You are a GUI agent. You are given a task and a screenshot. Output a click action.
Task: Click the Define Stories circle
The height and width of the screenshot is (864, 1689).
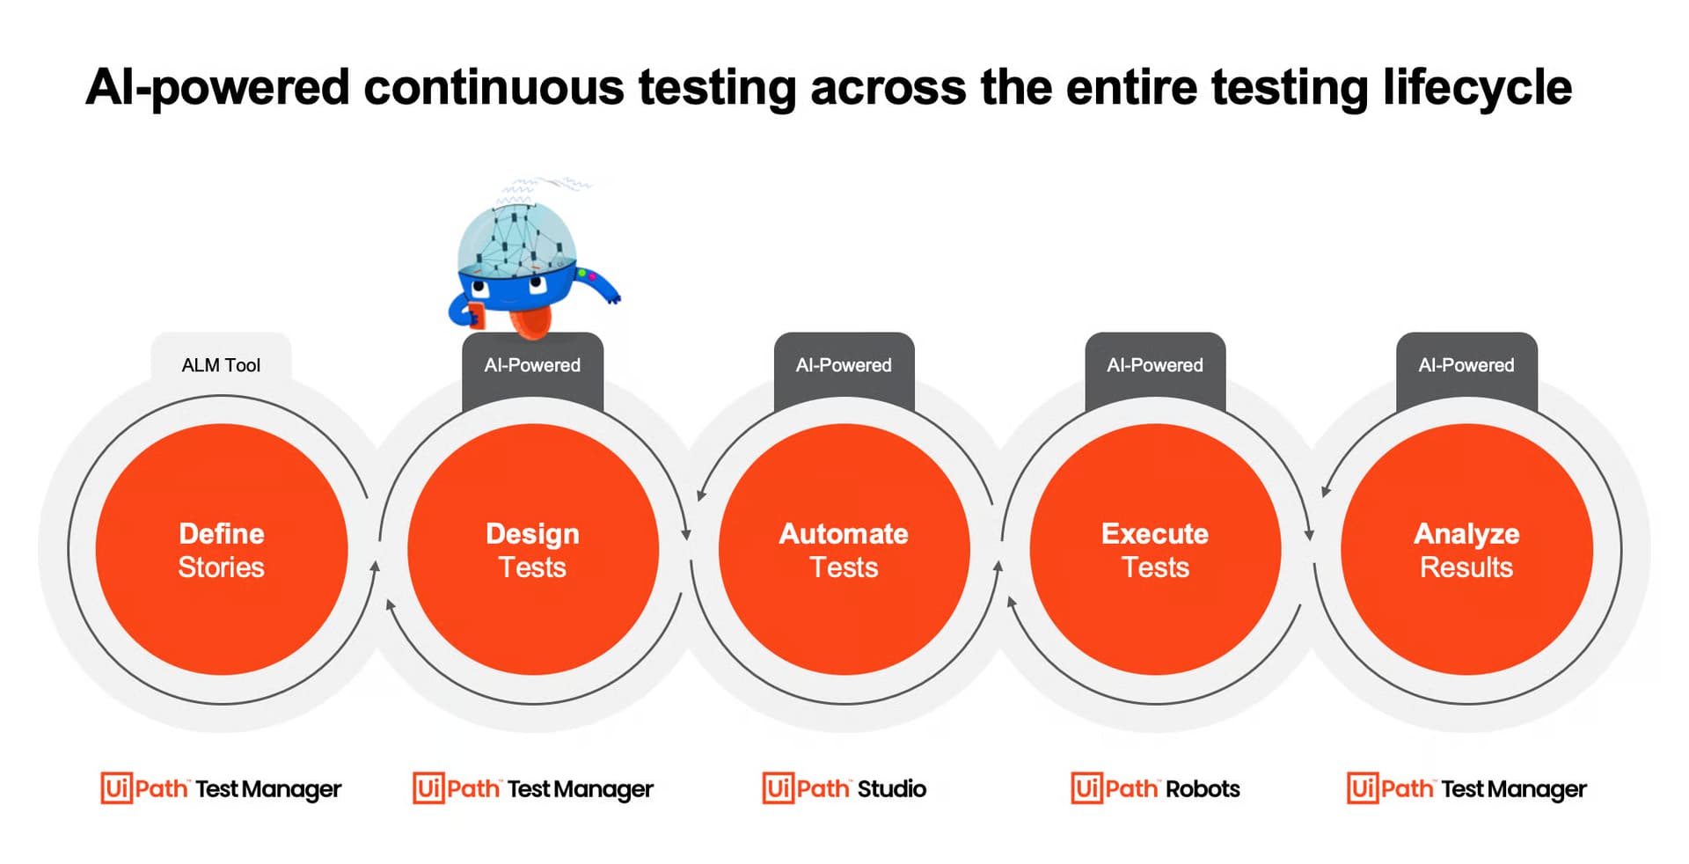pos(222,550)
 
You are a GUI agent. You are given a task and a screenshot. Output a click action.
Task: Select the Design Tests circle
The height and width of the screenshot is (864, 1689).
pos(533,550)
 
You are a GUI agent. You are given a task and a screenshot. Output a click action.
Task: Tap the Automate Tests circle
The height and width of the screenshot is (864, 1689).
pos(844,550)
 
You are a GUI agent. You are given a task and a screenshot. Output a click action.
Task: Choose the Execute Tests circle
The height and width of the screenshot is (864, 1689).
pos(1155,550)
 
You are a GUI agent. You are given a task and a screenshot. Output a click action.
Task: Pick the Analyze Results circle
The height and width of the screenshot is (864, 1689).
pos(1466,550)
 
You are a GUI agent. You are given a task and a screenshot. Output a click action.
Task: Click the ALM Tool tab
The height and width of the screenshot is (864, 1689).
pos(222,364)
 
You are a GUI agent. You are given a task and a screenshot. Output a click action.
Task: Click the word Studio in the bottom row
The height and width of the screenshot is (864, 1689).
pos(892,788)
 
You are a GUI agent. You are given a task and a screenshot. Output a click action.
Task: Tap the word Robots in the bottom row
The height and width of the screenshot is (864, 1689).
pos(1203,788)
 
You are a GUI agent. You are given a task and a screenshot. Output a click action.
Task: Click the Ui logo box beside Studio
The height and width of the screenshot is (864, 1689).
pos(778,788)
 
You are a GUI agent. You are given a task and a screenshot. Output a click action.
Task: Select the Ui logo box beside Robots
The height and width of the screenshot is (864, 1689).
pos(1086,788)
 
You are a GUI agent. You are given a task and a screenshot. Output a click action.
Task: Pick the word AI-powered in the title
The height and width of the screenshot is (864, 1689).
pos(217,89)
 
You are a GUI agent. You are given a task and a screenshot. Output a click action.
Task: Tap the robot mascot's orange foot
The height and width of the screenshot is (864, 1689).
pos(531,321)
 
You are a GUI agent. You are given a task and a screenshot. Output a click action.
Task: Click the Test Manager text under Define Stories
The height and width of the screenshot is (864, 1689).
pos(268,789)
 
